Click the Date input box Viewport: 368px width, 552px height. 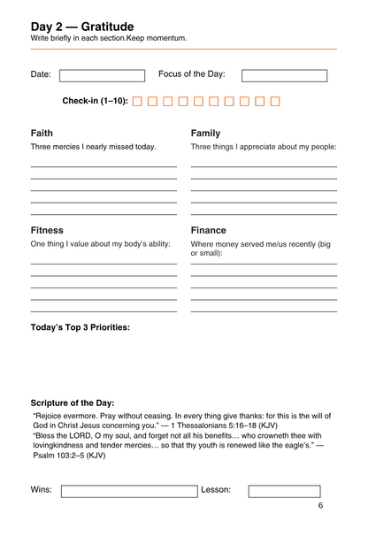(x=101, y=75)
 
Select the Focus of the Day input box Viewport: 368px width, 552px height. (x=284, y=75)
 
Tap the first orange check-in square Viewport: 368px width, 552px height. (x=137, y=102)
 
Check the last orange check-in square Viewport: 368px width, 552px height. (x=274, y=102)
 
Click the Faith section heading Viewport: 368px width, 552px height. (x=42, y=134)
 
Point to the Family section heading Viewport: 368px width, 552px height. (x=205, y=134)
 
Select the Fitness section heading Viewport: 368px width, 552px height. (x=47, y=230)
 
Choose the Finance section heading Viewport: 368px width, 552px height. (x=208, y=230)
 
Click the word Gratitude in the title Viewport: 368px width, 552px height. (x=111, y=27)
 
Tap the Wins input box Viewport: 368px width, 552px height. (x=129, y=491)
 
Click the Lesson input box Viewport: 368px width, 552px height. (x=284, y=491)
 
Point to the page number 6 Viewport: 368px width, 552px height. (x=320, y=506)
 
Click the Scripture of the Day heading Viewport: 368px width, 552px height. (x=73, y=402)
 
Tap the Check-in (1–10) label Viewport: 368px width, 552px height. (x=95, y=102)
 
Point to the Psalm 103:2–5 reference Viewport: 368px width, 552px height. (x=62, y=456)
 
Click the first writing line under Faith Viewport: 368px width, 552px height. (x=103, y=166)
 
